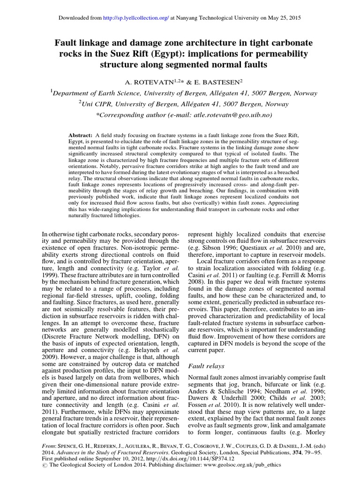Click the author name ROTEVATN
pos(161,82)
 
